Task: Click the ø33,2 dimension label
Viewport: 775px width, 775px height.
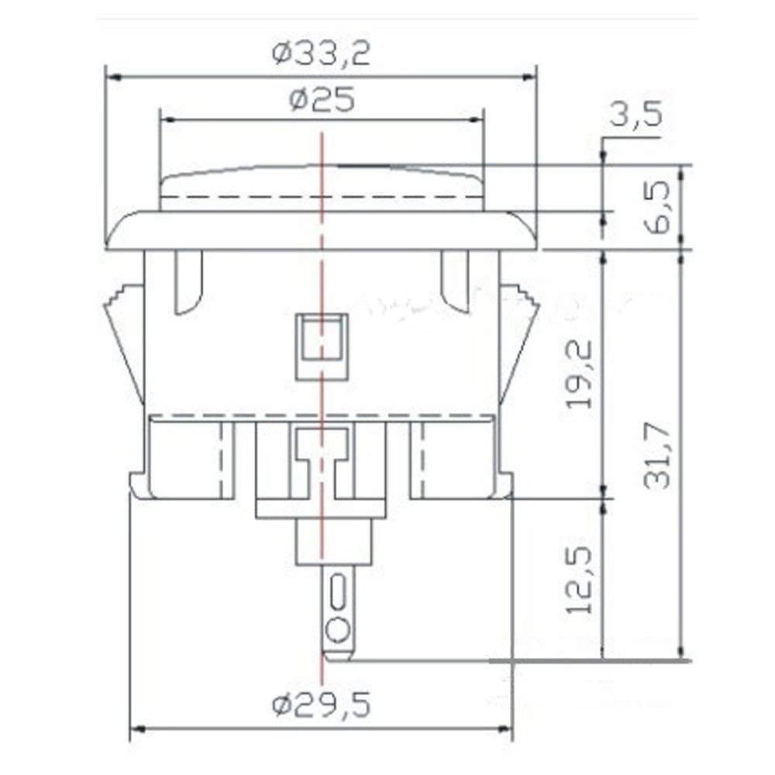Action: pos(321,54)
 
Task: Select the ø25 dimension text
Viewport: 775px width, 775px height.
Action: pos(321,100)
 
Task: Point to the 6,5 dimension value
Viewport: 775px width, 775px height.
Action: pos(653,205)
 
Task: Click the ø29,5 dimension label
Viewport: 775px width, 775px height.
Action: pos(321,705)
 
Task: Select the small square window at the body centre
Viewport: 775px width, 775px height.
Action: pos(321,337)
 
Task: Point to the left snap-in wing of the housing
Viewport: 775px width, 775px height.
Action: pos(124,341)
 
